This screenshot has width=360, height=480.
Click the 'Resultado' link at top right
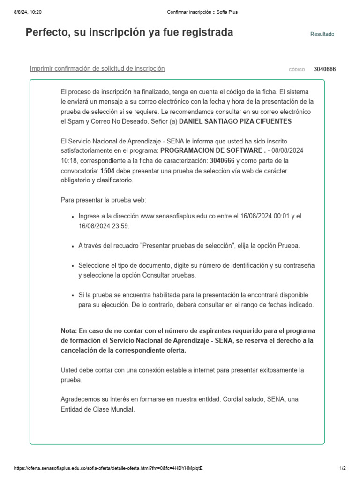pos(322,34)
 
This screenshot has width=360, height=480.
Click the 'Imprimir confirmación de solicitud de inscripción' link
pos(97,68)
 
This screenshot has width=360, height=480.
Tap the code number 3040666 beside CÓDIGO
pos(324,69)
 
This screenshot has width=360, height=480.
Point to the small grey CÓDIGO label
pos(297,70)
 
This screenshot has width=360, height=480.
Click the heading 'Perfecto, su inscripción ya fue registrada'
pos(129,33)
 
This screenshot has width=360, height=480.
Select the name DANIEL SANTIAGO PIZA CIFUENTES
pos(235,121)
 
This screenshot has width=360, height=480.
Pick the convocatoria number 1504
pos(107,171)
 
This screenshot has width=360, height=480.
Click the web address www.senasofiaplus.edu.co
pos(178,216)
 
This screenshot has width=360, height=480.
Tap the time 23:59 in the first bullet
pos(121,226)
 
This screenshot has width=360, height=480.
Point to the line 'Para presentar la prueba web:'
pos(104,200)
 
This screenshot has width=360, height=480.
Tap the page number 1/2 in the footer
pos(342,468)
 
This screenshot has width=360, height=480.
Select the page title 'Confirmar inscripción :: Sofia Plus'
pos(202,12)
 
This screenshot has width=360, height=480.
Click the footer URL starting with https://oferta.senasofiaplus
pos(108,468)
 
